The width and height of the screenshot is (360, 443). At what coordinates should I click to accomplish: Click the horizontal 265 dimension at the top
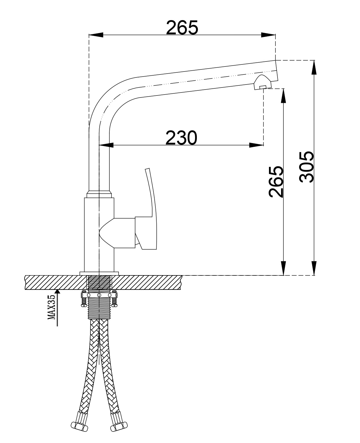click(x=182, y=28)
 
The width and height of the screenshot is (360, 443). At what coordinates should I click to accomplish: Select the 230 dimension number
click(x=181, y=138)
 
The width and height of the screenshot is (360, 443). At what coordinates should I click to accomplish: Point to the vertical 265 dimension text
click(x=276, y=181)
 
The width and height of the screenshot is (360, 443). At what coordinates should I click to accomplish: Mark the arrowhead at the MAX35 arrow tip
click(x=57, y=291)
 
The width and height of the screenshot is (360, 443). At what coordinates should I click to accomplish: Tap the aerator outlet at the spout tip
click(x=263, y=83)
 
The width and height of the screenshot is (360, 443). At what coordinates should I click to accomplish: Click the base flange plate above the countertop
click(x=99, y=273)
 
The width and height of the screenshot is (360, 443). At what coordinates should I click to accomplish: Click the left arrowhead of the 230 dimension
click(x=106, y=145)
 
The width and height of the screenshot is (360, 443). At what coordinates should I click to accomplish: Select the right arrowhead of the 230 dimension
click(x=257, y=145)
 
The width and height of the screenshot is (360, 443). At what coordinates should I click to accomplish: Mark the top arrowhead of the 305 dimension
click(x=314, y=67)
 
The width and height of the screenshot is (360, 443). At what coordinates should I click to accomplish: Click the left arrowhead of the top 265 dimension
click(x=96, y=35)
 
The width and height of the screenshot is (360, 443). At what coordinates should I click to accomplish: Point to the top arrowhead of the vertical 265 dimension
click(x=283, y=96)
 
